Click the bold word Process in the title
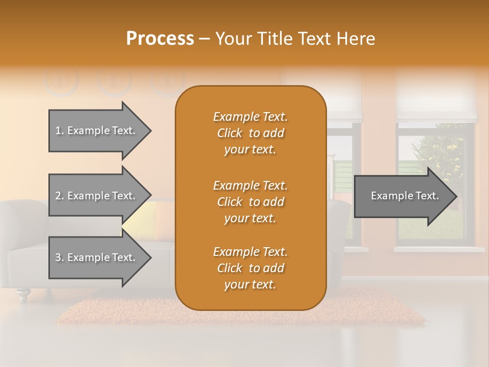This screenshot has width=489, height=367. pos(160,39)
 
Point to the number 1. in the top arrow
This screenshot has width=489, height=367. pos(60,130)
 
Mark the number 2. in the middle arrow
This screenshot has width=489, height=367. pos(60,196)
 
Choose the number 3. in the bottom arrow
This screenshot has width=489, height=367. pos(60,257)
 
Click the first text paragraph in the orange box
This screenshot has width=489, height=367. pos(250,133)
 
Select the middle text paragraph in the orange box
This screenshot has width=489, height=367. pos(250,202)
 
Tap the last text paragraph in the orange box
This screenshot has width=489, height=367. pos(250,268)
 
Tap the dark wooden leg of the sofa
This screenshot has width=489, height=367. pos(23,294)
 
